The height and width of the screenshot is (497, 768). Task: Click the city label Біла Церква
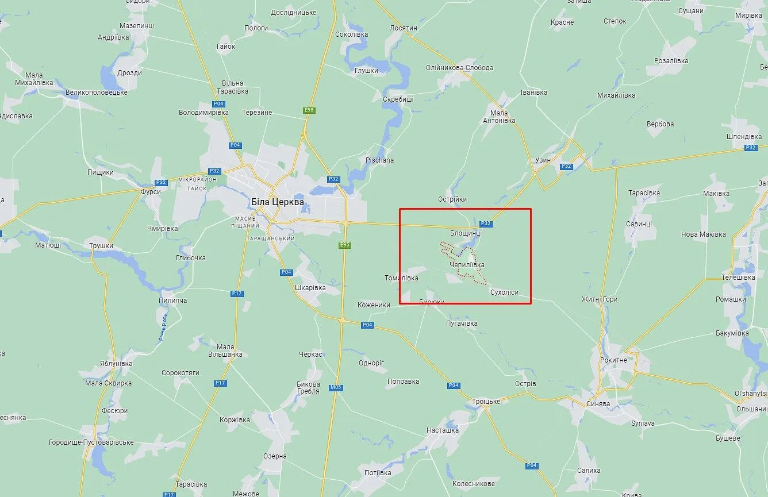click(x=278, y=202)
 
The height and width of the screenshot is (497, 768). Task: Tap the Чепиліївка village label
click(x=467, y=265)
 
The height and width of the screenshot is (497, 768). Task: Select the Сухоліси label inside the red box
click(x=504, y=292)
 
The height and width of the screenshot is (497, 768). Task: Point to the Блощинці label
click(x=466, y=233)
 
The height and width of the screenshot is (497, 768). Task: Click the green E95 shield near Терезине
click(x=310, y=110)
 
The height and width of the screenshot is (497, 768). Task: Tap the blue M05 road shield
click(x=336, y=387)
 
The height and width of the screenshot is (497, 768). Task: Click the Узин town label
click(x=543, y=160)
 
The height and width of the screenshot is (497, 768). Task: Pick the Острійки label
click(x=452, y=199)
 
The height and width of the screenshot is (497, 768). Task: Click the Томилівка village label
click(x=401, y=278)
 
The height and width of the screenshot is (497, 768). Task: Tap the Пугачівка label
click(x=462, y=323)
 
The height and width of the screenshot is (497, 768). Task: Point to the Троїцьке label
click(x=486, y=401)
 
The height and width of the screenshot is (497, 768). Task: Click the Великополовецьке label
click(x=97, y=92)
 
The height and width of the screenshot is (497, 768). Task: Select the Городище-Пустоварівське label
click(x=91, y=442)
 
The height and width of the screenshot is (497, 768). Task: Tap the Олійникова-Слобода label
click(x=459, y=68)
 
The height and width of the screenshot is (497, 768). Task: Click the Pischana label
click(x=379, y=160)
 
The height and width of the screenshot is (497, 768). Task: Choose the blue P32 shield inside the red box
click(x=486, y=224)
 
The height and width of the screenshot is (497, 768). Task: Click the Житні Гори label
click(x=599, y=299)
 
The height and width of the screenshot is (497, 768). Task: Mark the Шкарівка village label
click(x=310, y=288)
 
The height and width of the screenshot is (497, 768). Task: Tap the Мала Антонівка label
click(x=498, y=117)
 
